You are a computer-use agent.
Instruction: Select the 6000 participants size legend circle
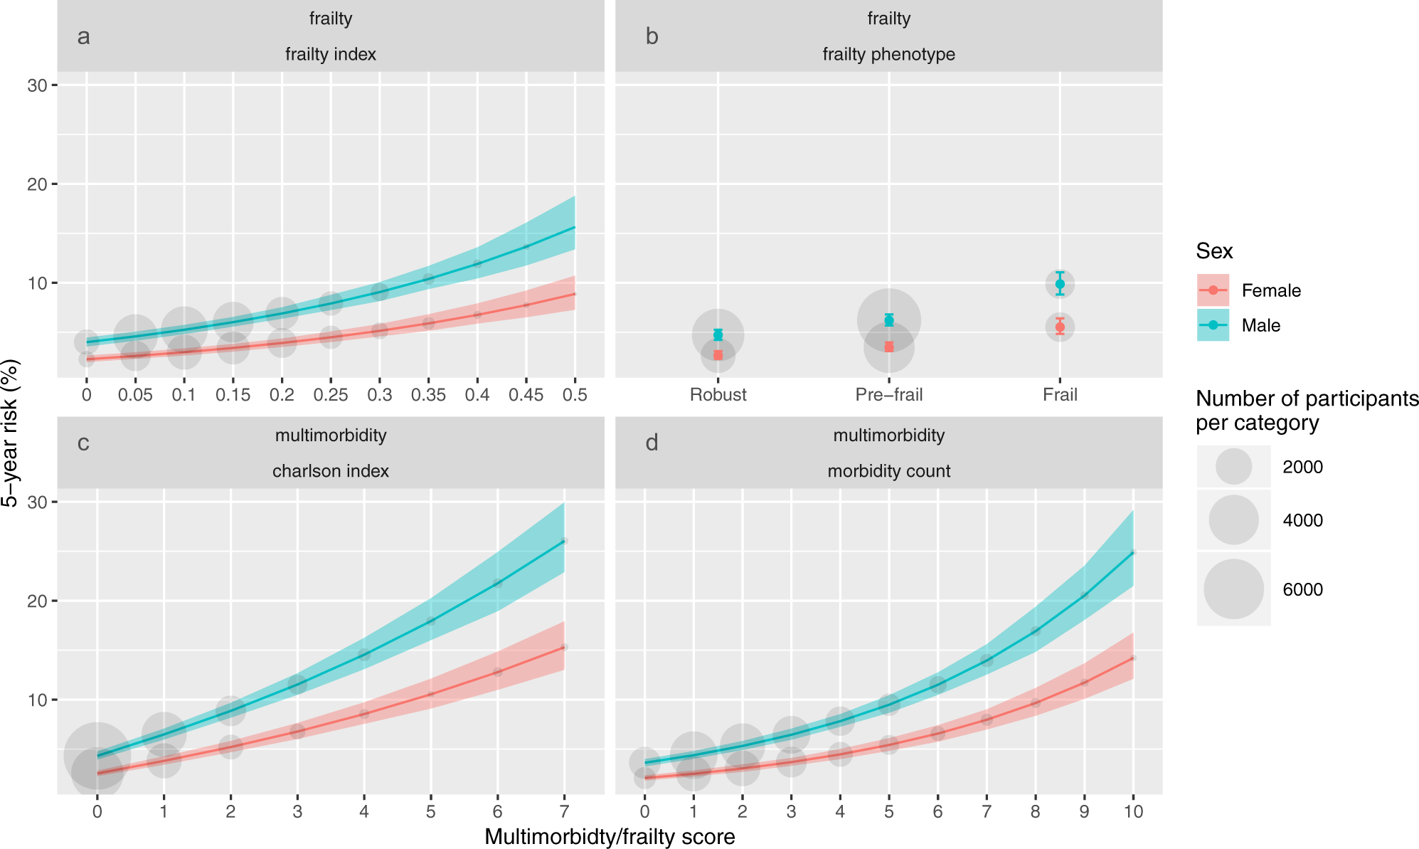[x=1233, y=589]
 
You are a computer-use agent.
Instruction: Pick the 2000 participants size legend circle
[x=1233, y=467]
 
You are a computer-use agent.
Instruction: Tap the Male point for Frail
[x=1060, y=284]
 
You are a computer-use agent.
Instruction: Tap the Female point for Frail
[x=1060, y=327]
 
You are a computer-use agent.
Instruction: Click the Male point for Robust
[x=718, y=334]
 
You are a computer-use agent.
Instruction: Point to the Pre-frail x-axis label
[x=888, y=395]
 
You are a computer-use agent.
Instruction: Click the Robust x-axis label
[x=718, y=395]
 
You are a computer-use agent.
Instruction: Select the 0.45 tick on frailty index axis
[x=526, y=395]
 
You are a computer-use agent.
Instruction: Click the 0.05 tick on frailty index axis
[x=135, y=395]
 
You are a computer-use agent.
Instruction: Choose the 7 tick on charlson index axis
[x=564, y=811]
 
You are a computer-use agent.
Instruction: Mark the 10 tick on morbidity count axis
[x=1133, y=811]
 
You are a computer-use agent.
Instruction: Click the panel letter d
[x=652, y=443]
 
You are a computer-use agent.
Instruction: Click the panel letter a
[x=83, y=36]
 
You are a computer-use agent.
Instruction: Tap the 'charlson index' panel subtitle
[x=331, y=471]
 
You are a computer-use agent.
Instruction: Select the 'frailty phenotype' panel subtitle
[x=888, y=54]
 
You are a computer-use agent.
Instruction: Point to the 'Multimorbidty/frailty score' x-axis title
[x=610, y=837]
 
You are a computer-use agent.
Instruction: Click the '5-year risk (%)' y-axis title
[x=10, y=433]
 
